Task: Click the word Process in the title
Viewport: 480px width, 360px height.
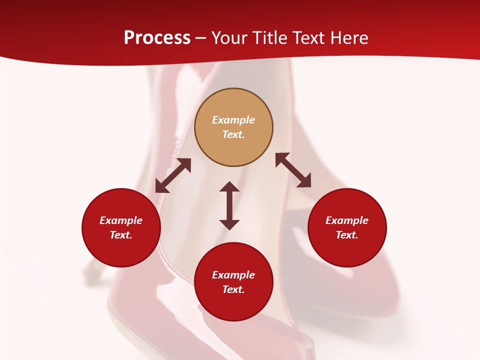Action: coord(157,38)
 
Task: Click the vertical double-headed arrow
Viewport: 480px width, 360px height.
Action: coord(229,205)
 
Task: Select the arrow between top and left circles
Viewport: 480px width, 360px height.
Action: coord(173,175)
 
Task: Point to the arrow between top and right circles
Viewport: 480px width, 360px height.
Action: coord(293,170)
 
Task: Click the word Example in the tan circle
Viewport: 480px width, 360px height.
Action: coord(233,120)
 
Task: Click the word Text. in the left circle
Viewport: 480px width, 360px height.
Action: coord(121,235)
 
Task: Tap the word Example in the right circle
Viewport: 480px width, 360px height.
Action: coord(347,220)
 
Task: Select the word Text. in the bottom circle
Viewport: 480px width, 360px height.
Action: coord(233,289)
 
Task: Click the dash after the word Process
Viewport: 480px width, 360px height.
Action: coord(201,38)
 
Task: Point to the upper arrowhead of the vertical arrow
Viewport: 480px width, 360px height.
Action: coord(229,187)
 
